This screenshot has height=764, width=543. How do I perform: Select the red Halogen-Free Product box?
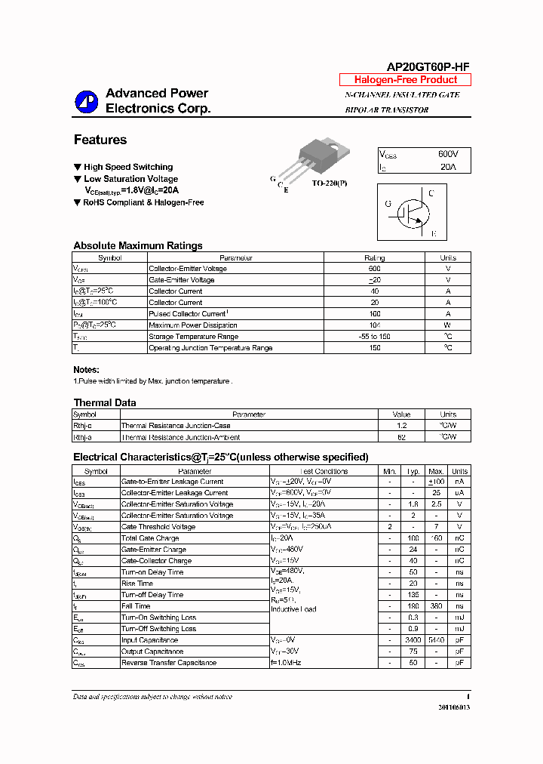tap(405, 80)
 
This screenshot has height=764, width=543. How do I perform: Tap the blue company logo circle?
tap(86, 103)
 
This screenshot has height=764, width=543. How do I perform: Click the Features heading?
tap(100, 140)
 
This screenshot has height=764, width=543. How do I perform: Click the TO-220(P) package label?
tap(330, 183)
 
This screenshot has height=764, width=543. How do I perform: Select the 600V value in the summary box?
tap(447, 154)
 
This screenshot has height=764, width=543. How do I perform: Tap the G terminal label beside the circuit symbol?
tap(388, 204)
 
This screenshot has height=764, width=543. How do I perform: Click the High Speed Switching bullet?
tap(127, 167)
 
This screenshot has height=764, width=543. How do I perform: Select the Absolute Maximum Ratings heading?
tap(138, 245)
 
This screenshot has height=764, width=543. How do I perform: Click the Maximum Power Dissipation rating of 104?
tap(374, 325)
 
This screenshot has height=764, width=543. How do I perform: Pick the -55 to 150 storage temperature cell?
tap(374, 336)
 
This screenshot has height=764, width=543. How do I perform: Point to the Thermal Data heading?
tap(105, 402)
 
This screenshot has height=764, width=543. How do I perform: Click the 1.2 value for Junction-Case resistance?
tap(401, 426)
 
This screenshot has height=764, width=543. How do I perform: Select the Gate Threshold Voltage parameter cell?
tap(159, 527)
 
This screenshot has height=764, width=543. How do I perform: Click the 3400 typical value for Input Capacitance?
tap(413, 640)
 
